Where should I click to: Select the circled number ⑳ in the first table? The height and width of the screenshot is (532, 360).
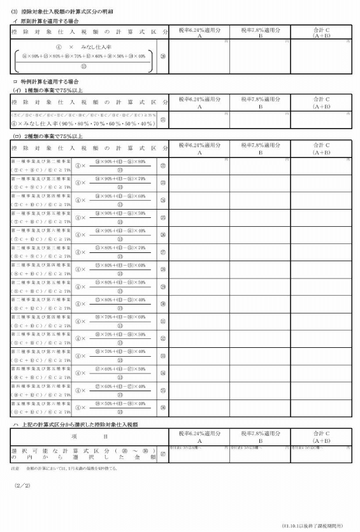click(163, 56)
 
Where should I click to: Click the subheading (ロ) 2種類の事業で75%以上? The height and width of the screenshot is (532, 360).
click(50, 136)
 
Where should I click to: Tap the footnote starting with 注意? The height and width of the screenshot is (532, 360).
click(64, 468)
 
